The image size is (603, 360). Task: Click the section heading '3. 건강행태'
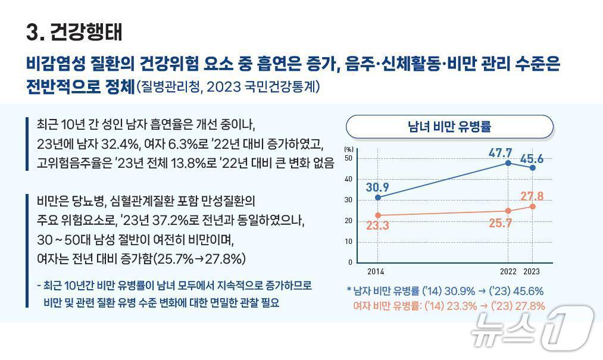[x=74, y=32]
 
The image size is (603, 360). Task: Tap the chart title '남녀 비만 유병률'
[x=449, y=126]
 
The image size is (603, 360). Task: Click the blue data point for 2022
[x=508, y=162]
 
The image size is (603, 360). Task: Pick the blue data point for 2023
[x=532, y=168]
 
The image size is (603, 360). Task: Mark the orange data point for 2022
[x=508, y=210]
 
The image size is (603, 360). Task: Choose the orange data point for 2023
[x=532, y=206]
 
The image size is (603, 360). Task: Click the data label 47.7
[x=500, y=152]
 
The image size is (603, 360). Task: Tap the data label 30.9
[x=377, y=187]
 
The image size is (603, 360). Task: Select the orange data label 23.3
[x=377, y=226]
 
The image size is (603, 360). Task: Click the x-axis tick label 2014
[x=376, y=272]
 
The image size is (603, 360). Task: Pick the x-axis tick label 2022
[x=508, y=272]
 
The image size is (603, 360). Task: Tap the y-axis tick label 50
[x=348, y=158]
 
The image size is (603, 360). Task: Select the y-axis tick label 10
[x=348, y=242]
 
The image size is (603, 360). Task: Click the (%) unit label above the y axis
[x=349, y=149]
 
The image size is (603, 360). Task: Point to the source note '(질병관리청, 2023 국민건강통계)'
[x=229, y=87]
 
